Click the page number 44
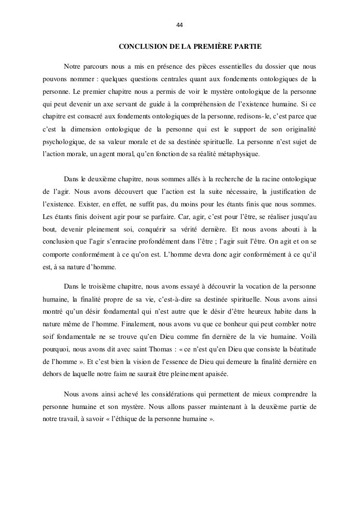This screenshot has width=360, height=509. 180,25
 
